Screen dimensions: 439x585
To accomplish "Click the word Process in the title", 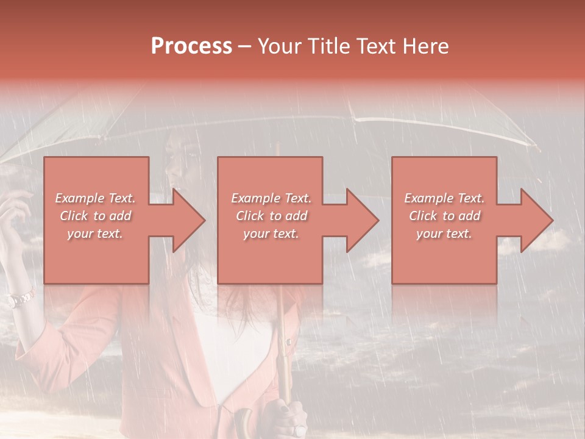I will (191, 46).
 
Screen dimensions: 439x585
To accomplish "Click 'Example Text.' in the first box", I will (96, 198).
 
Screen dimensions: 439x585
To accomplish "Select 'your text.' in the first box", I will (96, 234).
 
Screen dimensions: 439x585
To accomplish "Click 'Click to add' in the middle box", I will (271, 216).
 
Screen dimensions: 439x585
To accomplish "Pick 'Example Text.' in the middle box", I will (271, 198).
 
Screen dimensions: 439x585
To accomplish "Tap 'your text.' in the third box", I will (444, 234).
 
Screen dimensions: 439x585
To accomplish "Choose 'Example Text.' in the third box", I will (444, 198).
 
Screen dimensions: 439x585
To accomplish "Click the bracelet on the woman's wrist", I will (19, 299).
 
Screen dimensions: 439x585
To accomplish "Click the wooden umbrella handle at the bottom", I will (244, 424).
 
